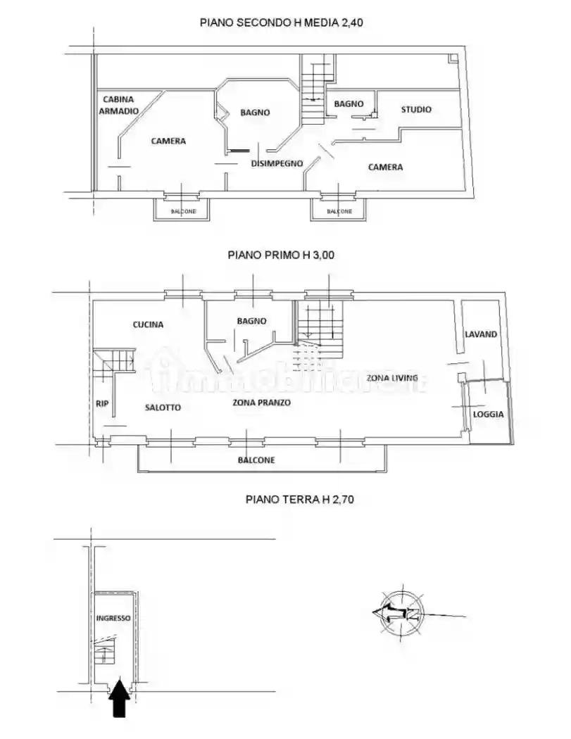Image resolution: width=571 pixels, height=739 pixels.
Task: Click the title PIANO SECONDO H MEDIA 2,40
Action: pyautogui.click(x=281, y=23)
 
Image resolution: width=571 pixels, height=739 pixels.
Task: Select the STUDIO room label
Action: pyautogui.click(x=416, y=109)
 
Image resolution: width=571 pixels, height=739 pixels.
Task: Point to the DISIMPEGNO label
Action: pyautogui.click(x=277, y=163)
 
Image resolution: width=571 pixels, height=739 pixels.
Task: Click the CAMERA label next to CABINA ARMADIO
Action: pyautogui.click(x=168, y=141)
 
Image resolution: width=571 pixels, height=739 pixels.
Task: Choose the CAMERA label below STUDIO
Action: pyautogui.click(x=385, y=167)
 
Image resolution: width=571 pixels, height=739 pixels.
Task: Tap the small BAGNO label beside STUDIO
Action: pyautogui.click(x=349, y=103)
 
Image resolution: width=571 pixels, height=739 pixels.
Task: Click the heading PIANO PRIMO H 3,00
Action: pyautogui.click(x=280, y=255)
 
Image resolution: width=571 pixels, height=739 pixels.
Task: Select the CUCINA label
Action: pyautogui.click(x=148, y=324)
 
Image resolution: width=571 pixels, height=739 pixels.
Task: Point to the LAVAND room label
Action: pyautogui.click(x=481, y=334)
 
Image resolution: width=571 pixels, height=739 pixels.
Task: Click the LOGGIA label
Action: pyautogui.click(x=488, y=414)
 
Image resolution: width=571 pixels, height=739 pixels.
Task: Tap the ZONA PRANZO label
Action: pyautogui.click(x=262, y=403)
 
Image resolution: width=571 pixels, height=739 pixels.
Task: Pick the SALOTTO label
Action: pyautogui.click(x=163, y=407)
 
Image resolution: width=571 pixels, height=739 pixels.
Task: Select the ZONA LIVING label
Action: pyautogui.click(x=391, y=378)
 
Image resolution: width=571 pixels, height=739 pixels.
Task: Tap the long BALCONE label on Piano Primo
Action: pyautogui.click(x=256, y=460)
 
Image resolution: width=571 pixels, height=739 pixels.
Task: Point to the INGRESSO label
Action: pyautogui.click(x=113, y=618)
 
